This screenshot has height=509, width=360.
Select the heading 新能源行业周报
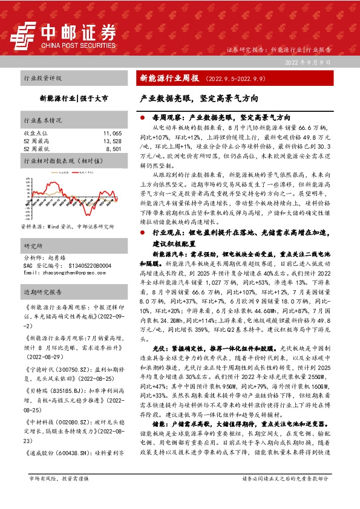tap(169, 78)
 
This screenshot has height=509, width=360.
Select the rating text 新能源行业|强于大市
tap(74, 97)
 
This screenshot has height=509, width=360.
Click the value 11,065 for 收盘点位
tap(113, 132)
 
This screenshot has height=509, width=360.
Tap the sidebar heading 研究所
tap(31, 246)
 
